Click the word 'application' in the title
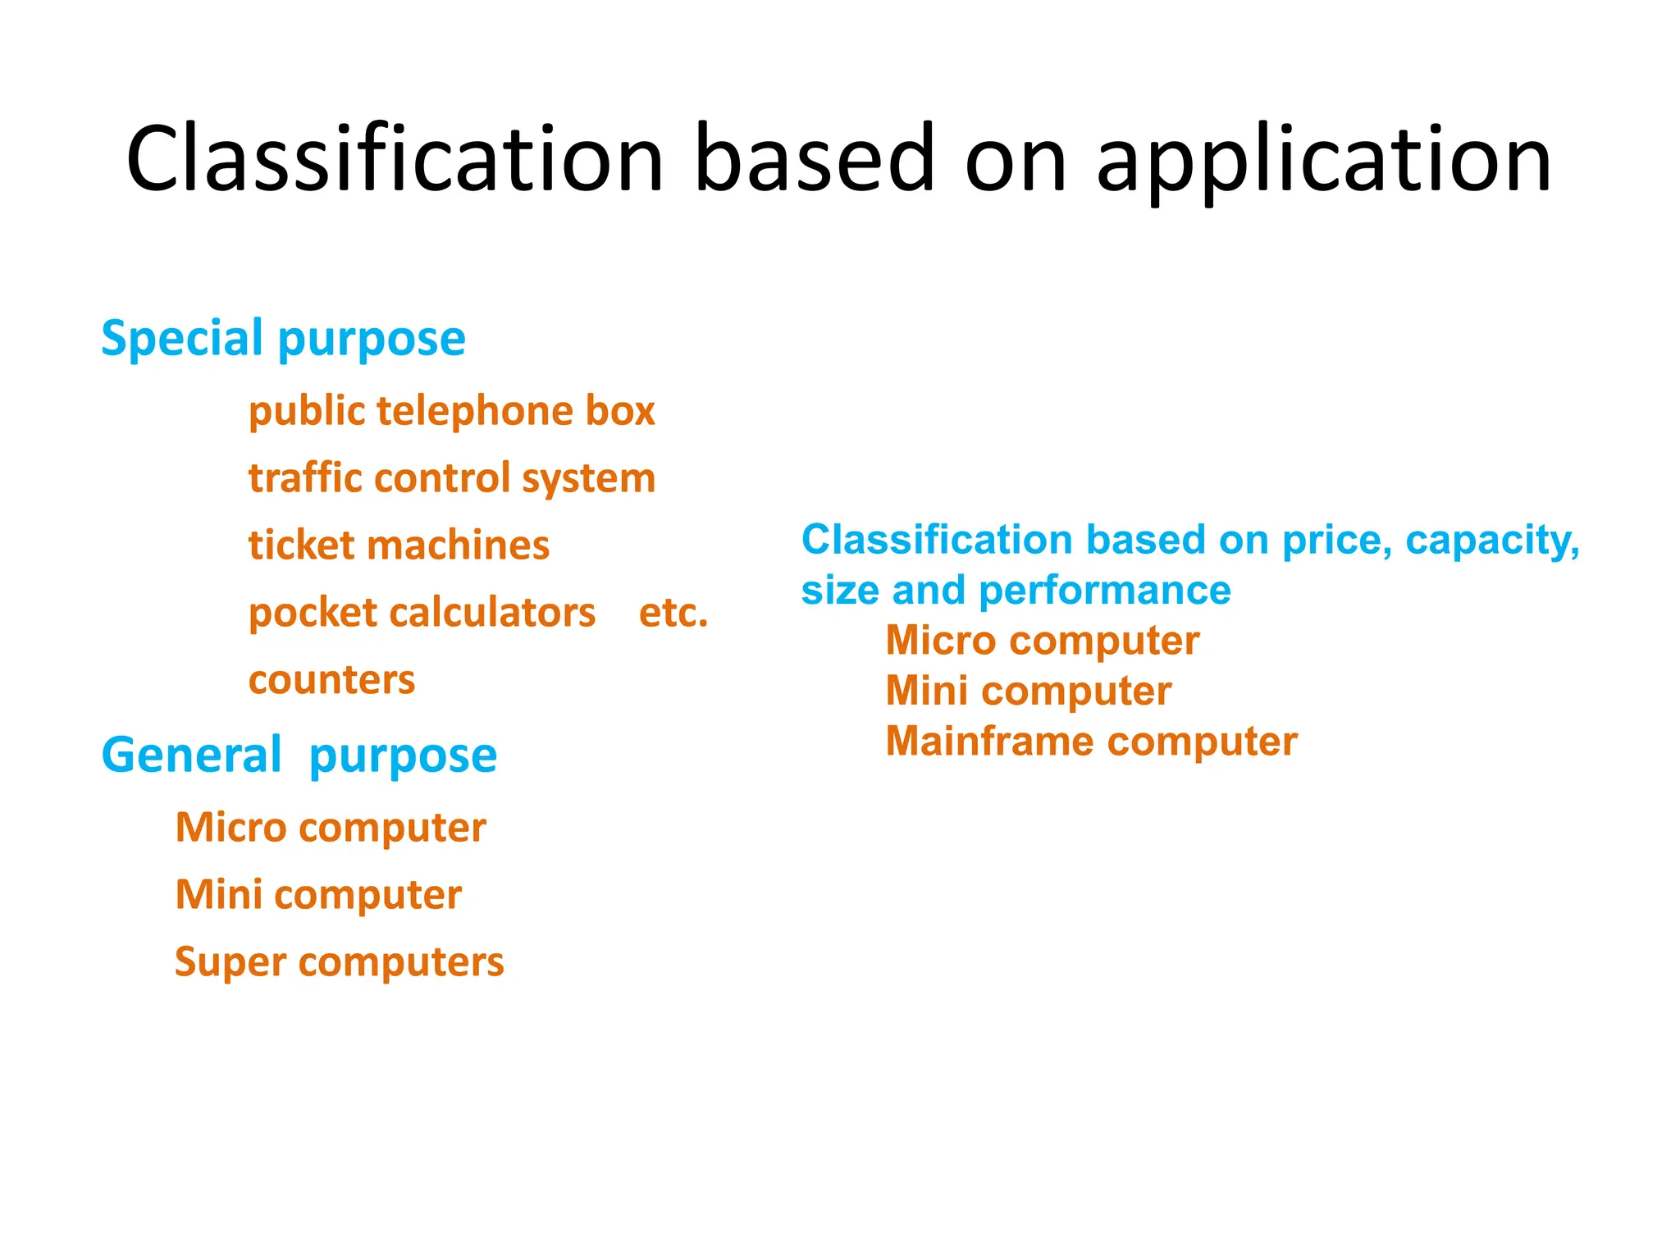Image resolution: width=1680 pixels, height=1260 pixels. tap(1323, 160)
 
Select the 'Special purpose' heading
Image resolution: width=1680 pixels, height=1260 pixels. tap(283, 338)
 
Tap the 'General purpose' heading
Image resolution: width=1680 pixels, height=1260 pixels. tap(299, 755)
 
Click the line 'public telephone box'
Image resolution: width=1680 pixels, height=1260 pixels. tap(452, 411)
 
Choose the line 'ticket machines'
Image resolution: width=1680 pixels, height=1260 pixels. tap(399, 546)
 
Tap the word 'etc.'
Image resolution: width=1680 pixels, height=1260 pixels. tap(673, 613)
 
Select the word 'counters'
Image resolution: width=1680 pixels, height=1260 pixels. tap(331, 680)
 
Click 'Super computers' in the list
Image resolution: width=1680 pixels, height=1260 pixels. tap(339, 961)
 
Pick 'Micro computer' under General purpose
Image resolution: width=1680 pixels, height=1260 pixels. tap(331, 827)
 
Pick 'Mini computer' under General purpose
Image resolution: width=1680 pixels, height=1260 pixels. tap(318, 894)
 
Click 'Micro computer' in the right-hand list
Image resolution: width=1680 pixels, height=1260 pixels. tap(1042, 641)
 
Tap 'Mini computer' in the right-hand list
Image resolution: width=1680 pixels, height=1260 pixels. tap(1028, 691)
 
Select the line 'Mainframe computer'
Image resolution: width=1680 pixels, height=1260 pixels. tap(1091, 742)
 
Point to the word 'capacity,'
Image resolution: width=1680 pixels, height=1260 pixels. tap(1492, 541)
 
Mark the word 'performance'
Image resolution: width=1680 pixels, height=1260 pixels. tap(1104, 591)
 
